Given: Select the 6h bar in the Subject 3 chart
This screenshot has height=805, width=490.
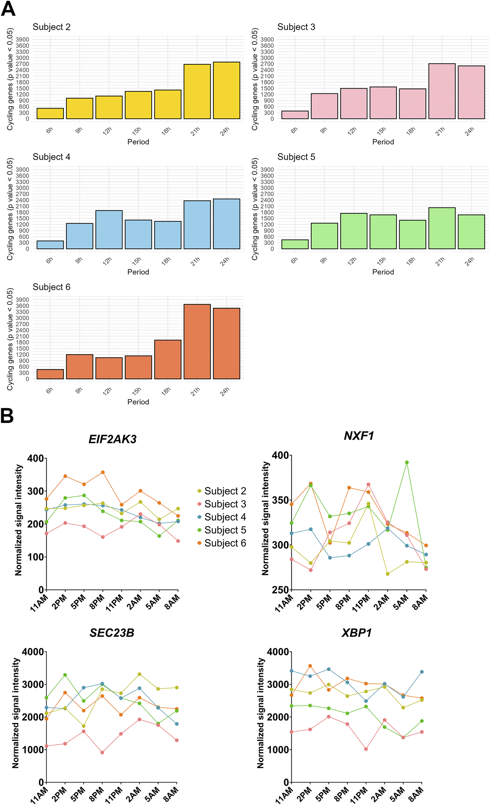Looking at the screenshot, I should (295, 115).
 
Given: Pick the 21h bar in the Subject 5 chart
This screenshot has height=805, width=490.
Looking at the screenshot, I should (442, 228).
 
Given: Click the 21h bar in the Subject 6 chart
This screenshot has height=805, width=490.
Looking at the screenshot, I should (197, 342).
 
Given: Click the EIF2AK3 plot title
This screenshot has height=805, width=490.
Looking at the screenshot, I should (112, 439).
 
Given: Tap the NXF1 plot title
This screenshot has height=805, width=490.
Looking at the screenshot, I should (359, 436).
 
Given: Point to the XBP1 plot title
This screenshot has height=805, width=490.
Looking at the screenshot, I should (357, 633).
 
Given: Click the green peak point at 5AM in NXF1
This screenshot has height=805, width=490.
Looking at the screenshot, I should (407, 462).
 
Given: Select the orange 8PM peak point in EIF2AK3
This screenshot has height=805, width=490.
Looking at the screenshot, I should (103, 472).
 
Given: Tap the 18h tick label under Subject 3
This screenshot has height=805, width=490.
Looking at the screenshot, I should (411, 131).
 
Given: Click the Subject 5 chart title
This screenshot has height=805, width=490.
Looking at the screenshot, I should (296, 157).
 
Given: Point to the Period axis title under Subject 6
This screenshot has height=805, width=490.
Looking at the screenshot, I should (138, 402).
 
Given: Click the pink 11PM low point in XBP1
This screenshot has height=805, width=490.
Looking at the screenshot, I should (366, 749).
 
